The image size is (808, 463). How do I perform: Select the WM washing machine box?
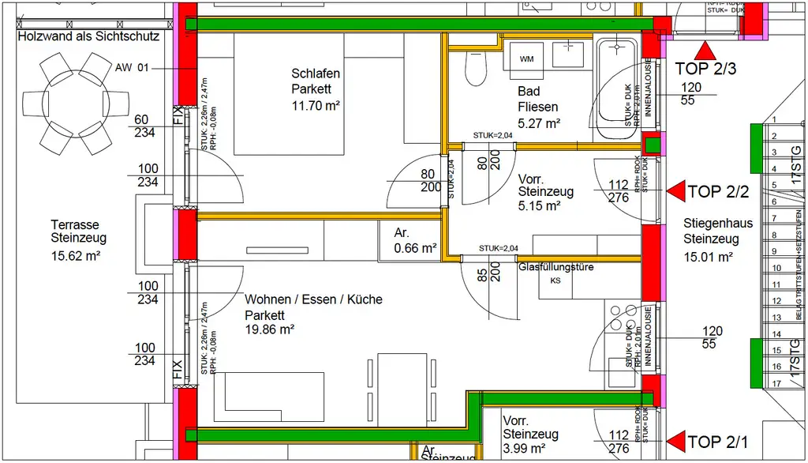[526, 58]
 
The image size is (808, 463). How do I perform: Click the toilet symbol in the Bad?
[475, 70]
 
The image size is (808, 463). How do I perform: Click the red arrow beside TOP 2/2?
[675, 190]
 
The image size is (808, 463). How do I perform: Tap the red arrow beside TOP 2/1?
[675, 441]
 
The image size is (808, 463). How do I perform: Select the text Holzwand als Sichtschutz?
[88, 36]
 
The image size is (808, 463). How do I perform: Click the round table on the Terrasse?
[76, 103]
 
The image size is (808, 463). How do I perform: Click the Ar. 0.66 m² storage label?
[416, 240]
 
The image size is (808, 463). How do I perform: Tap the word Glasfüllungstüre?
[555, 267]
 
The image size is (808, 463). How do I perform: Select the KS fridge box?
[555, 280]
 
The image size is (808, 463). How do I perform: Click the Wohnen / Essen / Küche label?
[313, 299]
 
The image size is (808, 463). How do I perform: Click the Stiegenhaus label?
[717, 224]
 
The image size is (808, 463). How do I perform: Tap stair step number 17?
[776, 384]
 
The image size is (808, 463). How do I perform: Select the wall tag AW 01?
[132, 68]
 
